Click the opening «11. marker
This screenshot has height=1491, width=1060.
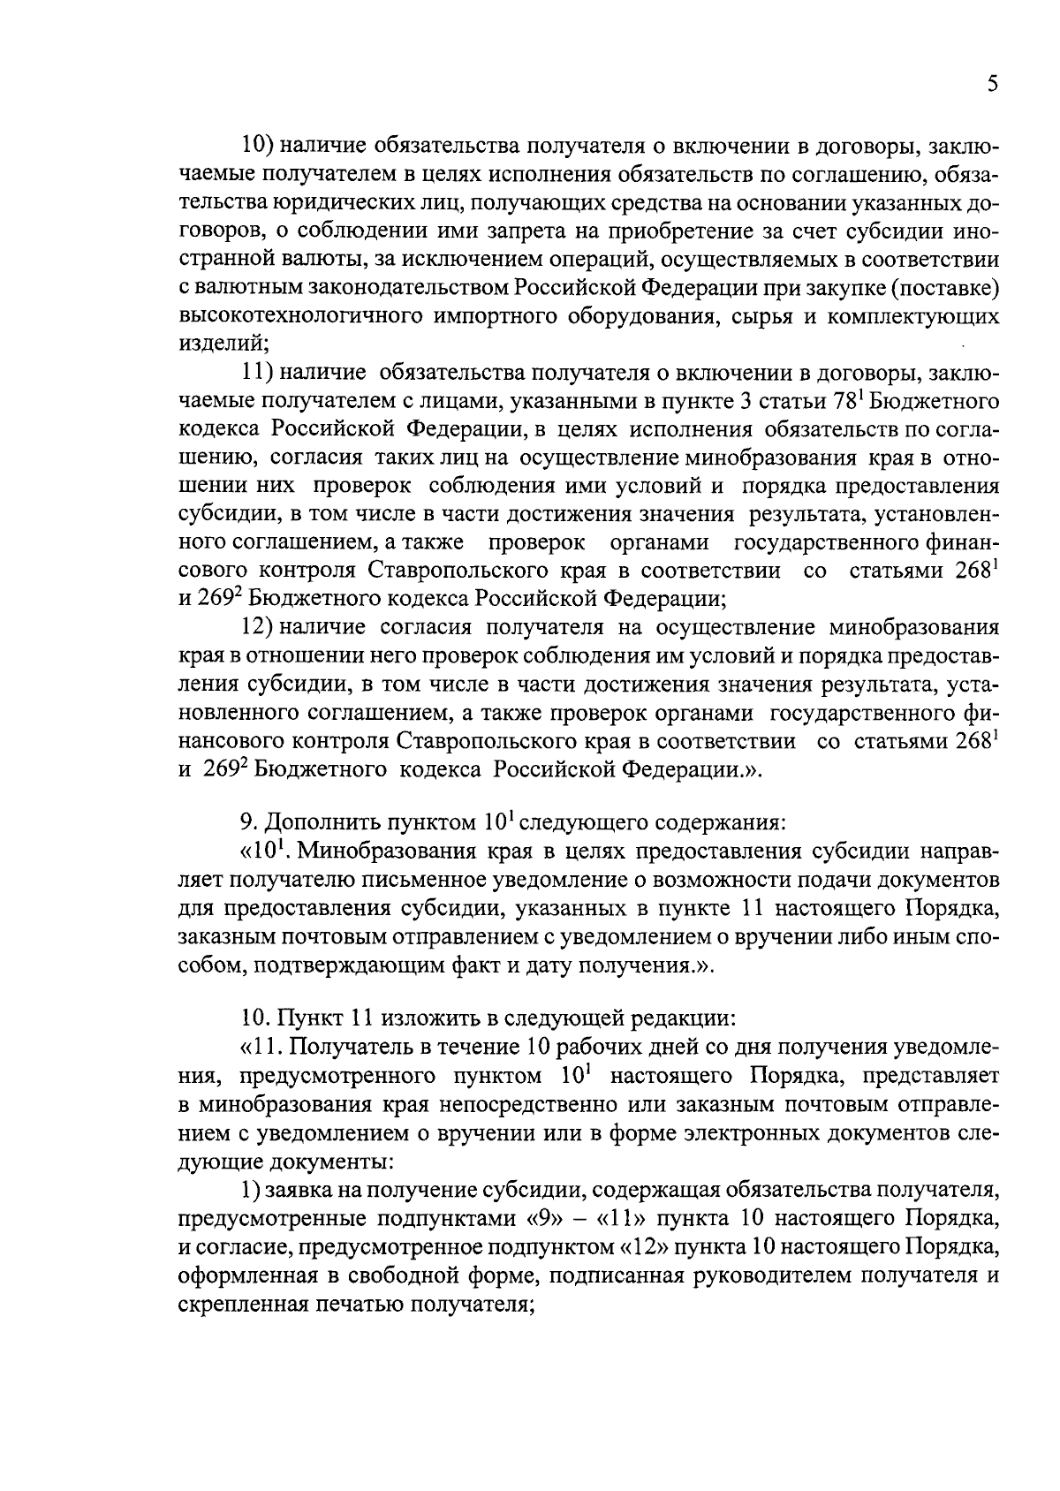click(257, 1048)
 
